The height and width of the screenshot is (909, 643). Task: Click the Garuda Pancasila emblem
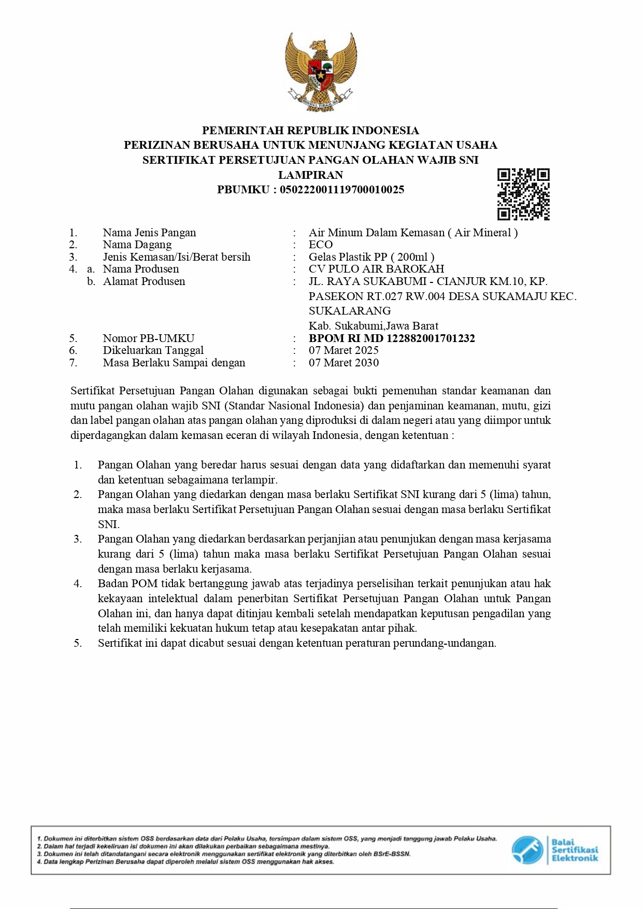(321, 72)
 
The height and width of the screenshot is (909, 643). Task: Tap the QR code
(523, 194)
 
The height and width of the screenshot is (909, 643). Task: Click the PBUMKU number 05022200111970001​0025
(342, 190)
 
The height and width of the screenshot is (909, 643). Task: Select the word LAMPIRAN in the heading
(310, 175)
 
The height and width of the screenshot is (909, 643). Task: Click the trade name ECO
(321, 245)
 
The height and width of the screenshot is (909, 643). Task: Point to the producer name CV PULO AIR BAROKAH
(376, 269)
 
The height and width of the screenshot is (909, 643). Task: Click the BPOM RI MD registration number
(392, 338)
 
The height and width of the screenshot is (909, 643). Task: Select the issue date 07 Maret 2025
(344, 350)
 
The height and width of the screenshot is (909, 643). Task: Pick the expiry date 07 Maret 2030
(344, 363)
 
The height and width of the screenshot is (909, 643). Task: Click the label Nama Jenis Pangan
(149, 233)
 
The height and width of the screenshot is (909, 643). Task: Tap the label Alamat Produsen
(144, 281)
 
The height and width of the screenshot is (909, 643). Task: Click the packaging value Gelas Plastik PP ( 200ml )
(371, 257)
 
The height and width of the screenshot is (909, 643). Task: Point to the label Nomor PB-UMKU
(149, 338)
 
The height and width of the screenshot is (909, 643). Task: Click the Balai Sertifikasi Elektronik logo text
(574, 850)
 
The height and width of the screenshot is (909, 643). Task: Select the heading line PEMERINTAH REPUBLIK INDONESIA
(310, 130)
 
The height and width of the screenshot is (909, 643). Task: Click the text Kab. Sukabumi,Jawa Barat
(374, 326)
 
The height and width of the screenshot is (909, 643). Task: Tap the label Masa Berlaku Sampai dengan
(174, 363)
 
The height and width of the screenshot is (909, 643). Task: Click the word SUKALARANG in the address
(350, 311)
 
